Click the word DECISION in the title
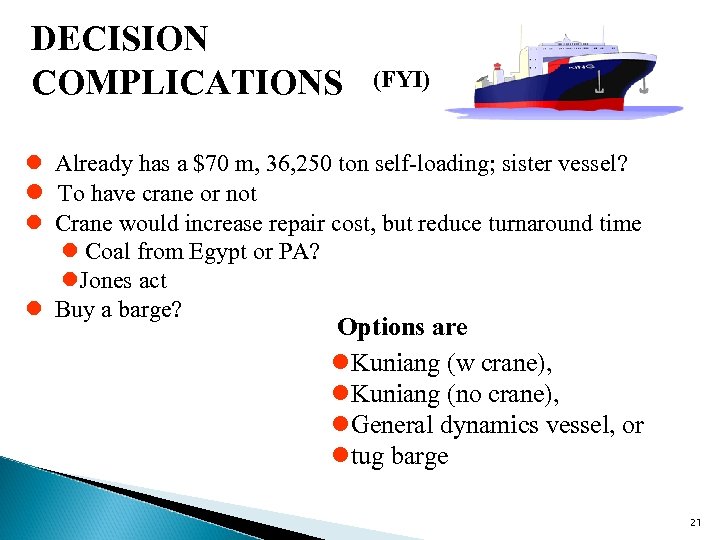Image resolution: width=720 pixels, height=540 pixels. (x=120, y=40)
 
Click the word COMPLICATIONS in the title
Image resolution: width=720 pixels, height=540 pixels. (x=187, y=82)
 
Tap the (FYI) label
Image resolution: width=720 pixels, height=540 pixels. (x=402, y=80)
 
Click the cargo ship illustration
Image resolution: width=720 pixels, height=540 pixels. (x=550, y=75)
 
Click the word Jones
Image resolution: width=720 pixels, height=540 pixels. (x=107, y=281)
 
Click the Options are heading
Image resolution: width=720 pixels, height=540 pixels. (x=402, y=328)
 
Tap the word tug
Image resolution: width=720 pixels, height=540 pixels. (x=370, y=457)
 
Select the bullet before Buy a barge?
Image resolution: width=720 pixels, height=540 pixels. (x=33, y=310)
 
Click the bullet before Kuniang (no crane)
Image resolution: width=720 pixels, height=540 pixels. (x=341, y=395)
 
